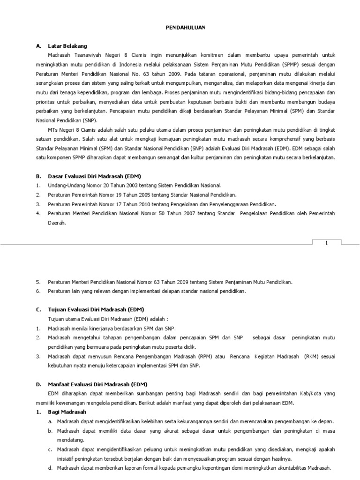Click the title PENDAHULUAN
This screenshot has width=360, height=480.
[x=185, y=28]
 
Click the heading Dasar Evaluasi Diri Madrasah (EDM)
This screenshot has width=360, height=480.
[x=91, y=176]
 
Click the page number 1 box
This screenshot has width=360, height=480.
[x=326, y=242]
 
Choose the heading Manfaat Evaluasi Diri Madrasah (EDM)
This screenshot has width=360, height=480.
[x=95, y=384]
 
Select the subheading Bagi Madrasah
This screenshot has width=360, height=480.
[x=67, y=412]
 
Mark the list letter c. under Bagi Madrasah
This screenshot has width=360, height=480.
[x=50, y=449]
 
